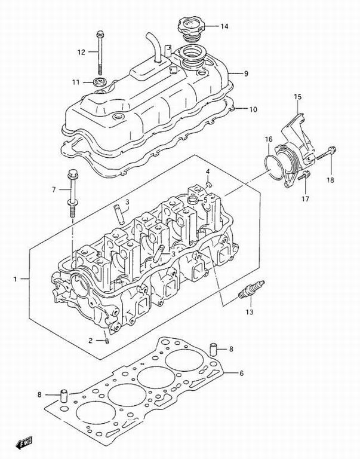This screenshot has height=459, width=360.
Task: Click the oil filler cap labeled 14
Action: [x=190, y=30]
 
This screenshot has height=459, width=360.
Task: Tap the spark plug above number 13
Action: [x=251, y=289]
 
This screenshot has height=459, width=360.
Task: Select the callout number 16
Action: [x=269, y=140]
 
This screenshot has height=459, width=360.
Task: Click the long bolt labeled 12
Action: [x=100, y=54]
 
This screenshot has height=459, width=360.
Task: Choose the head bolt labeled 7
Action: [x=72, y=193]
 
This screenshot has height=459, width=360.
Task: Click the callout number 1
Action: [x=15, y=280]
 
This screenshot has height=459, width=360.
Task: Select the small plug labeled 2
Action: [x=107, y=341]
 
